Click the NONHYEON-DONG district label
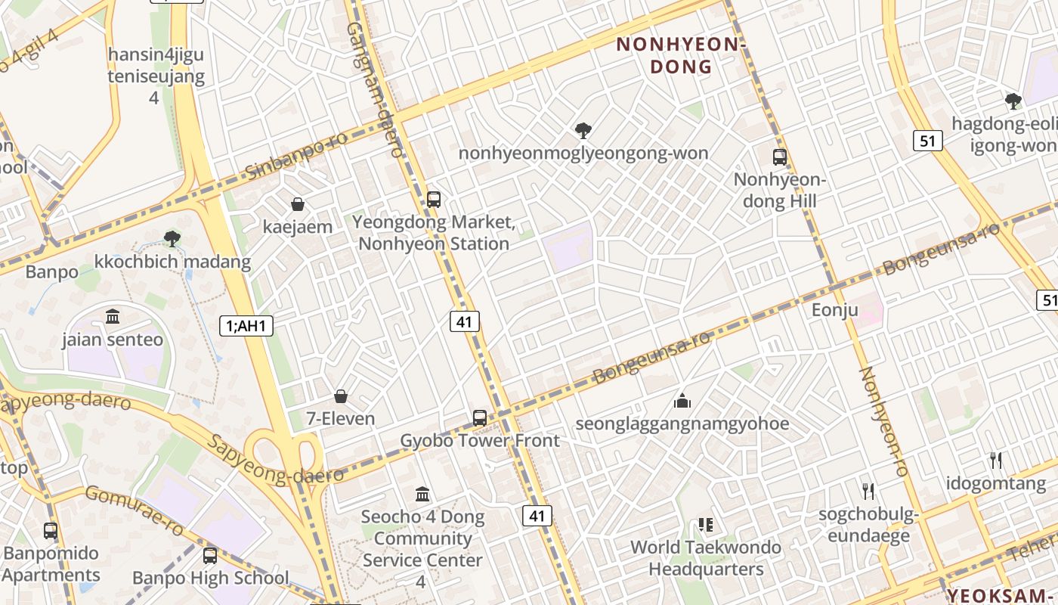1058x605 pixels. (681, 55)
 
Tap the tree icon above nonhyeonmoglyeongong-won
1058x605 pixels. (583, 131)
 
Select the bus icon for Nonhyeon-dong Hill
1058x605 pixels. (780, 157)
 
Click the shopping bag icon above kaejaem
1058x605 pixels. (298, 204)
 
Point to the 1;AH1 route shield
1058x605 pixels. (246, 326)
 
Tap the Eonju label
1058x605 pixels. (835, 310)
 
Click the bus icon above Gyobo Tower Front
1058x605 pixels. (480, 418)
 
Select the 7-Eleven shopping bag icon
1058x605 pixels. (341, 396)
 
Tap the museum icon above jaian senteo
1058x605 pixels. (113, 316)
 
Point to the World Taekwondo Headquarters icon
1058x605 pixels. (706, 524)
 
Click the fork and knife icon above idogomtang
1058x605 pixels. (996, 460)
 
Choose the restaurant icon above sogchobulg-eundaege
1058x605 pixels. (868, 492)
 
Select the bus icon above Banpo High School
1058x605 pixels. (210, 556)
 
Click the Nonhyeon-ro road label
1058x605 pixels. (883, 420)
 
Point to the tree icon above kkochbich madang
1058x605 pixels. (172, 239)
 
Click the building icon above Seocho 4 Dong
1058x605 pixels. (422, 495)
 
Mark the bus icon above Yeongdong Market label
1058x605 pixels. (434, 200)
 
